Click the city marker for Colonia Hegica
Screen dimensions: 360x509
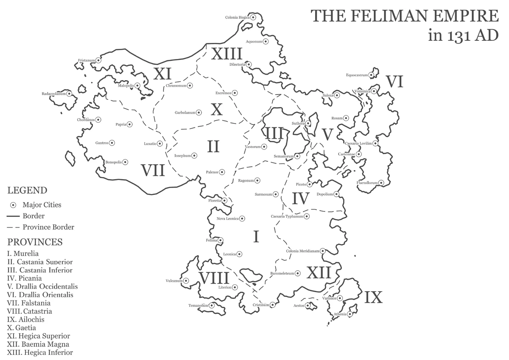point(253,17)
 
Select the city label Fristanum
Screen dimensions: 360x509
point(86,61)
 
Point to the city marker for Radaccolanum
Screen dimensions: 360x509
point(69,94)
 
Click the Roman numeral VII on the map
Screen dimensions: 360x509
point(153,171)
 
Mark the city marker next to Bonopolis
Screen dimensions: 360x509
point(126,162)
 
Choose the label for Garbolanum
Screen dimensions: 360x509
point(185,113)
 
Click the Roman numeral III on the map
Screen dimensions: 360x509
point(274,134)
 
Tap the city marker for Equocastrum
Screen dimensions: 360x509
point(371,75)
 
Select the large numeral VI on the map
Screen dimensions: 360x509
point(394,82)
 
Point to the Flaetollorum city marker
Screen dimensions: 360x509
point(381,183)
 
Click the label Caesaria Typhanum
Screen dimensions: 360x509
point(287,217)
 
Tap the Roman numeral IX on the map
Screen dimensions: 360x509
point(373,298)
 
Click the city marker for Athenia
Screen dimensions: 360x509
point(350,315)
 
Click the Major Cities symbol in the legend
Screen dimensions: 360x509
point(13,205)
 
